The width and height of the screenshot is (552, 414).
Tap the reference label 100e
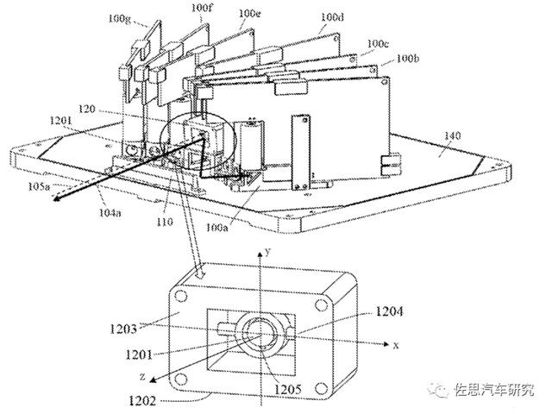point(249,13)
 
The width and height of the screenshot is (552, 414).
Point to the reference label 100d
point(331,17)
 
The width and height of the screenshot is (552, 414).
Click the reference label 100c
point(376,43)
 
